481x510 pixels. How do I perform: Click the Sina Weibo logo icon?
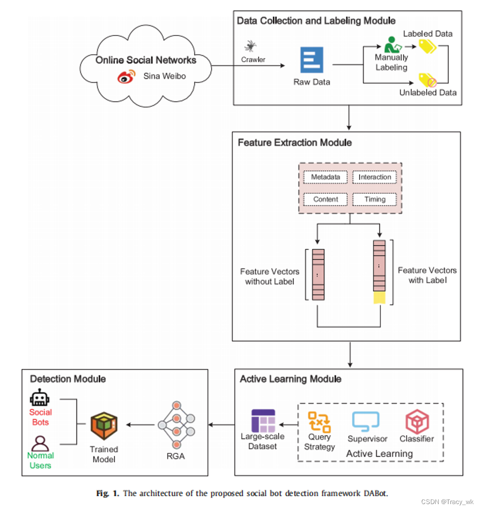point(125,77)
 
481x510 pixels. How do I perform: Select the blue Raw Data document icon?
point(312,60)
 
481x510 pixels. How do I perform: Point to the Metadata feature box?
point(326,177)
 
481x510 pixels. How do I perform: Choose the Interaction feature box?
point(375,177)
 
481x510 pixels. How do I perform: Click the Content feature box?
point(326,199)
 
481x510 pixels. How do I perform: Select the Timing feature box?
point(375,199)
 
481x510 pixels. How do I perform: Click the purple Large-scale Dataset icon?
point(263,420)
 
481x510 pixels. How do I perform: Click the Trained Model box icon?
point(104,427)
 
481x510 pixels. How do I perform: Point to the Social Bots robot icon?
point(40,398)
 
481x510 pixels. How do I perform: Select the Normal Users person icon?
point(40,442)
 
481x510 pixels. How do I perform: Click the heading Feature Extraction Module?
point(295,142)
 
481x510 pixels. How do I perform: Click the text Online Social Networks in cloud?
point(146,60)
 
